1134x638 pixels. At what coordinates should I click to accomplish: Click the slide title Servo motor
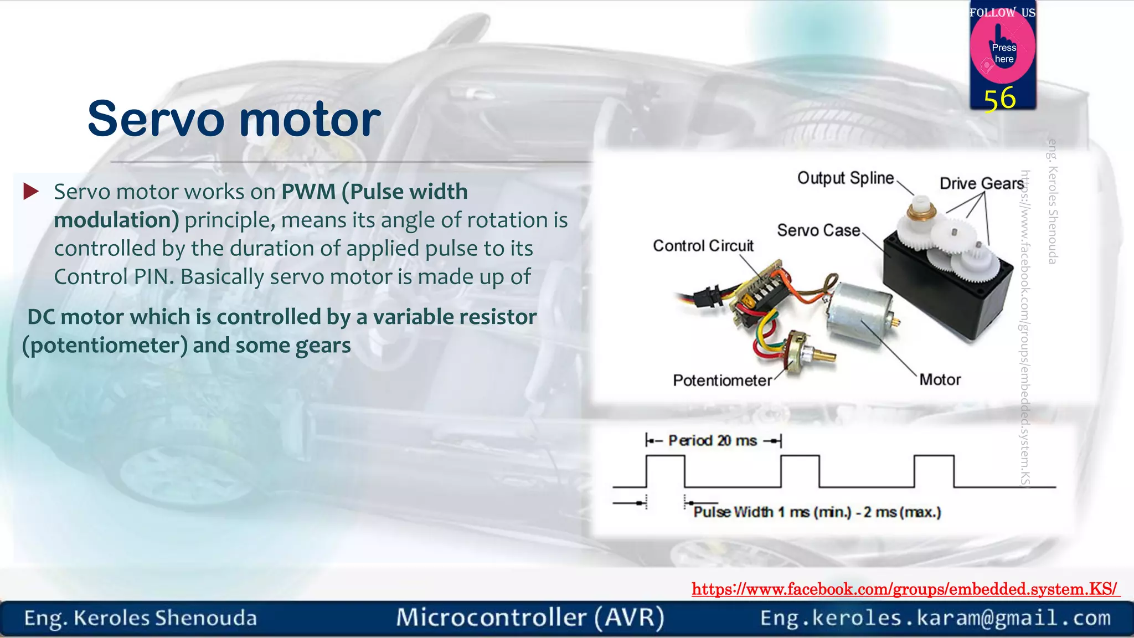pyautogui.click(x=234, y=119)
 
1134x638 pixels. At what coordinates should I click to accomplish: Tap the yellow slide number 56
pyautogui.click(x=999, y=99)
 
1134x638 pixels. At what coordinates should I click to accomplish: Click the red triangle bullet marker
pyautogui.click(x=30, y=192)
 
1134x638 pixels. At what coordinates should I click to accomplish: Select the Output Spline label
pyautogui.click(x=845, y=178)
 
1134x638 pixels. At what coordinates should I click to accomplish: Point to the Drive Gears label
pyautogui.click(x=981, y=183)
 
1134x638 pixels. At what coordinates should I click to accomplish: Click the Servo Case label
pyautogui.click(x=818, y=230)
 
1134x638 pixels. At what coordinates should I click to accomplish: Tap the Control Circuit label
pyautogui.click(x=703, y=246)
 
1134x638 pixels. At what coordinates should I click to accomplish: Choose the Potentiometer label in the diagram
pyautogui.click(x=722, y=380)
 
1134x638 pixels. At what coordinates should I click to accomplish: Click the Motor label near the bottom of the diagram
pyautogui.click(x=940, y=380)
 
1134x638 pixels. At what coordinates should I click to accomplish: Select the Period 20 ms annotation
pyautogui.click(x=713, y=441)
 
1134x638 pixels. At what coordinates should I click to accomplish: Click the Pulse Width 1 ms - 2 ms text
pyautogui.click(x=817, y=512)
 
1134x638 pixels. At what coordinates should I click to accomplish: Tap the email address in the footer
pyautogui.click(x=935, y=618)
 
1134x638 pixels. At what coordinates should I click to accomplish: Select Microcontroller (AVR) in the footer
pyautogui.click(x=530, y=618)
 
